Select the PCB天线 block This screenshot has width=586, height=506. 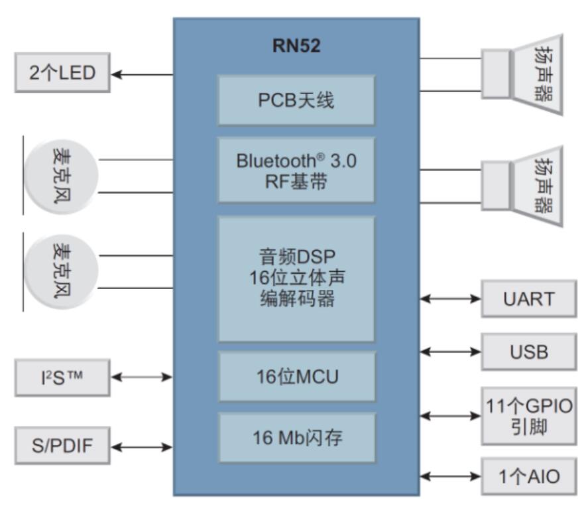(296, 100)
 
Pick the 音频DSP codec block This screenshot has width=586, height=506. (296, 279)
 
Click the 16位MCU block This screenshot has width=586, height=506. (296, 377)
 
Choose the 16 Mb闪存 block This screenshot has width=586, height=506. (296, 438)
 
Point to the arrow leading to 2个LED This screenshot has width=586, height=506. (142, 74)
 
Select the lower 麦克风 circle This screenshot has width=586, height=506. (60, 271)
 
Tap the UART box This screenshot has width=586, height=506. (528, 299)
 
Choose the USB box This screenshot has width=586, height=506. (528, 351)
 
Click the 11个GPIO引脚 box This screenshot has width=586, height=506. (528, 416)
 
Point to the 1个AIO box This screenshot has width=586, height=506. (528, 475)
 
